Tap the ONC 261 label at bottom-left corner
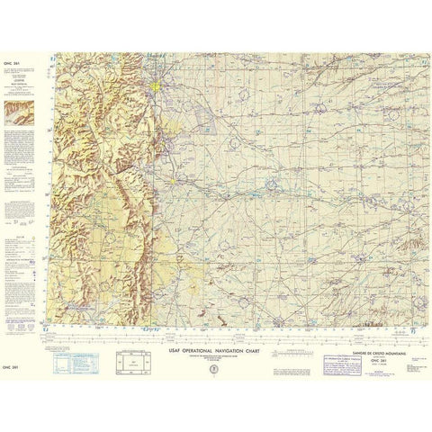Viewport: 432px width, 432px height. [12, 366]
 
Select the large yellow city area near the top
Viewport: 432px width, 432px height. [158, 88]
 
